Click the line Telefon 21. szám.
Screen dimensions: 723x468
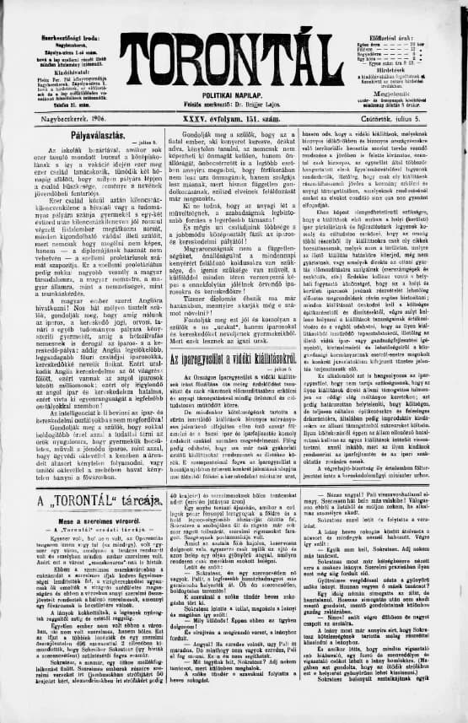(51, 108)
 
